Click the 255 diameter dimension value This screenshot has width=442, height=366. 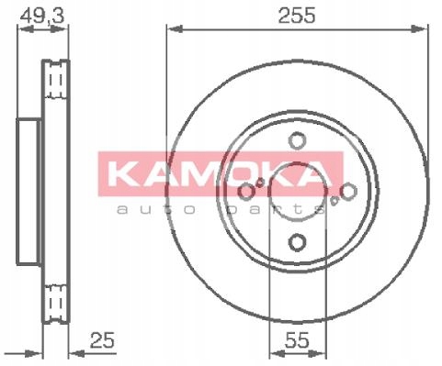click(296, 16)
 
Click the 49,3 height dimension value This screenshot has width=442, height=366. click(42, 16)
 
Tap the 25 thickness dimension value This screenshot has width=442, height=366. click(102, 340)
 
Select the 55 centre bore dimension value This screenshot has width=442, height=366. click(297, 340)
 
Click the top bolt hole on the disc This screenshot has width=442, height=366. click(297, 140)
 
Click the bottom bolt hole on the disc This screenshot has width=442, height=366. click(297, 242)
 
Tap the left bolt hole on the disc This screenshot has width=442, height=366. click(246, 192)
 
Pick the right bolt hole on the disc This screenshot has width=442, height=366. click(348, 192)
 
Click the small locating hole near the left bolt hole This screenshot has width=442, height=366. click(260, 183)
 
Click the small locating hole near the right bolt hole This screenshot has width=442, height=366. click(334, 201)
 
